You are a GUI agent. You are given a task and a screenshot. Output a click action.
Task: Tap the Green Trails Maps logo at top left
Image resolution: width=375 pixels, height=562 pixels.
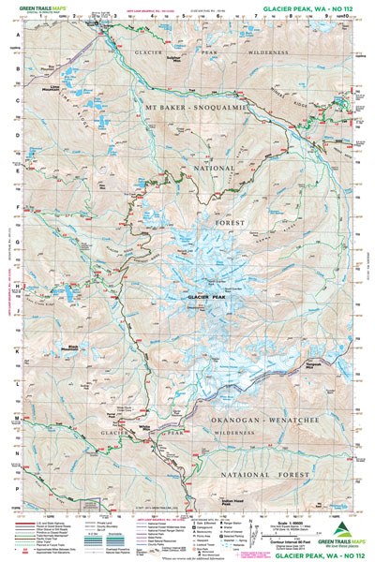[x=36, y=10]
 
